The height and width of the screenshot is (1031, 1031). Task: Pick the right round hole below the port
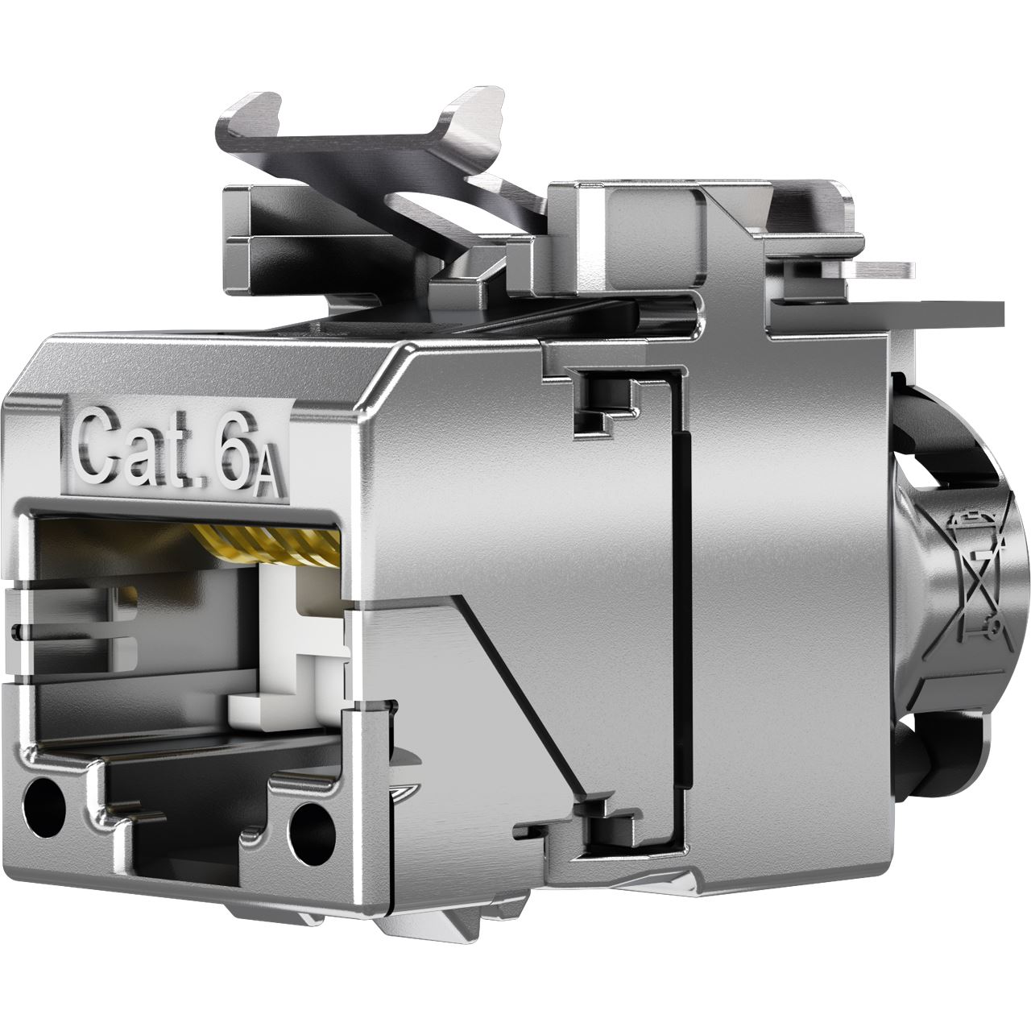coord(312,826)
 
